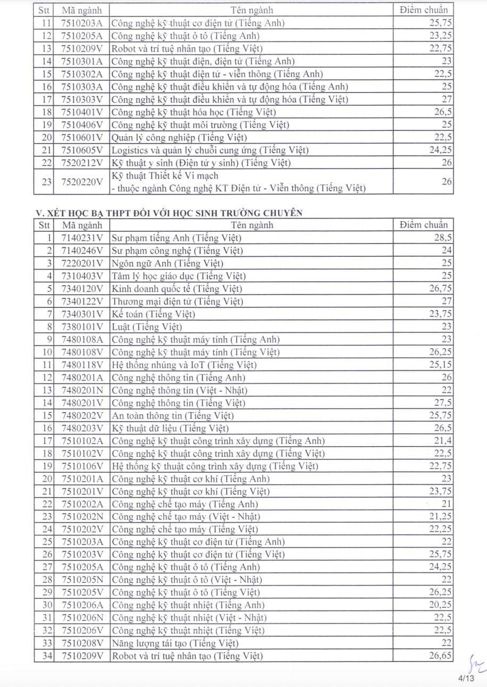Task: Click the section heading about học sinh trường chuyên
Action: point(169,213)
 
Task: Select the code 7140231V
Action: point(82,238)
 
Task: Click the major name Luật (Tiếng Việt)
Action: point(147,326)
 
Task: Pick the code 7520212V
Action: point(82,163)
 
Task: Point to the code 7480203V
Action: point(82,428)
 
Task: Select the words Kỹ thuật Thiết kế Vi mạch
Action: point(165,175)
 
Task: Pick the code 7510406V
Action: point(82,125)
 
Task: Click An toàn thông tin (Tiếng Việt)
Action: point(173,415)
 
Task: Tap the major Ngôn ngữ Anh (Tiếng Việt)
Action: point(167,263)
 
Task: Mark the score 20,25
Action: point(441,605)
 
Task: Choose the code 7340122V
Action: point(82,301)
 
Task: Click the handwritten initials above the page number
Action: point(473,662)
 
